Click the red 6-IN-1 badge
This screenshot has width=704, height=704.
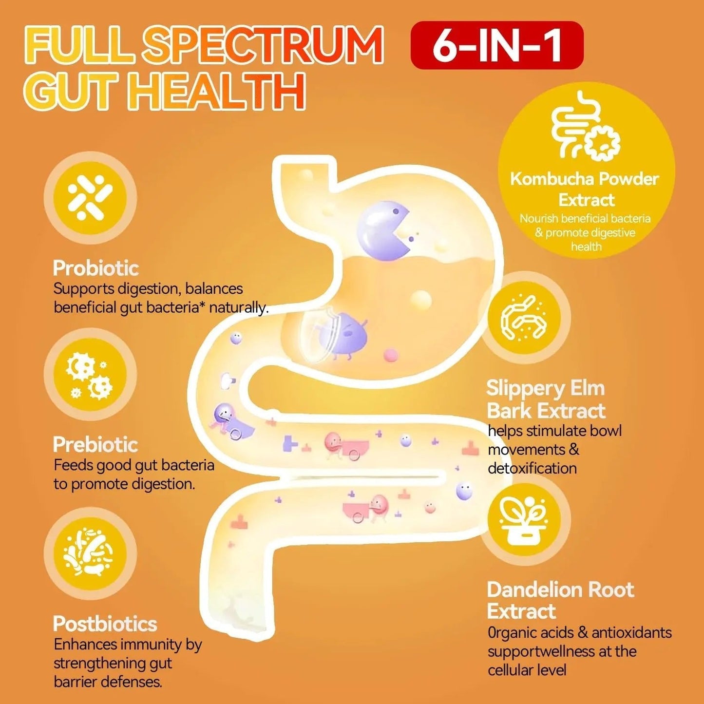click(497, 45)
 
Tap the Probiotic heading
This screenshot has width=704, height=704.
click(95, 268)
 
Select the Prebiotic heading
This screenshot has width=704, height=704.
click(95, 445)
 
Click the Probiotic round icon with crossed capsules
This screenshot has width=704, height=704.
click(90, 198)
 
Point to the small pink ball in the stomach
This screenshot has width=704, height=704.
click(391, 355)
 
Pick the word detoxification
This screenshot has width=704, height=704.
click(532, 468)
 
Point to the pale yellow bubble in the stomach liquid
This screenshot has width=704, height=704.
click(421, 301)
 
